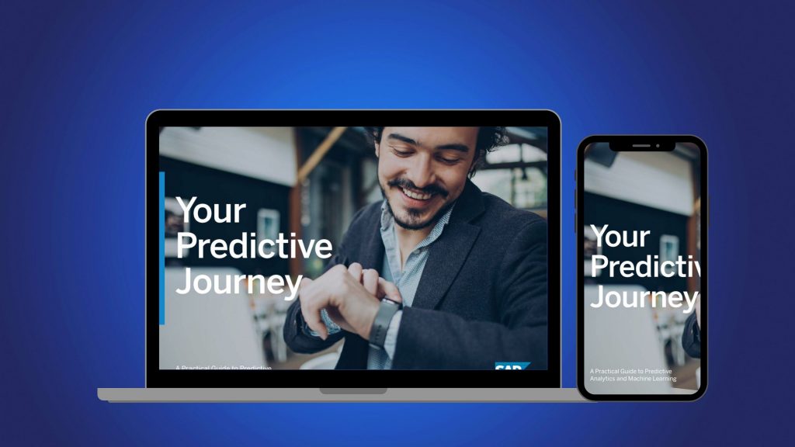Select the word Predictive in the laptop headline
point(254,248)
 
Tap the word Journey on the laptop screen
point(238,283)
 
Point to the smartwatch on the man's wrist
point(384,321)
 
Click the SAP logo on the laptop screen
point(512,366)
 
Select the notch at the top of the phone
point(642,145)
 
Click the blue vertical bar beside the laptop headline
point(161,248)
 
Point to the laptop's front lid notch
point(353,390)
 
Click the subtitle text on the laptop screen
point(223,366)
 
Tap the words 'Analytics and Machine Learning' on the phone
point(633,379)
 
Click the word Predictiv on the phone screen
point(644,267)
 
